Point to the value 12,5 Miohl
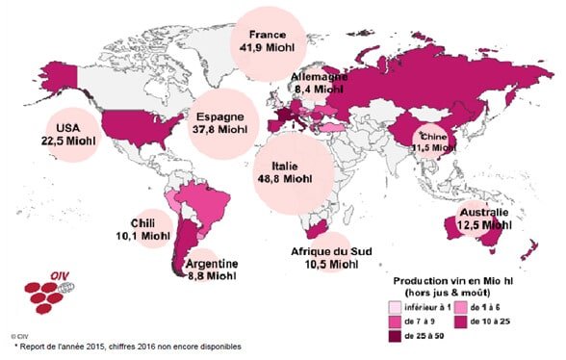(x=481, y=225)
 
